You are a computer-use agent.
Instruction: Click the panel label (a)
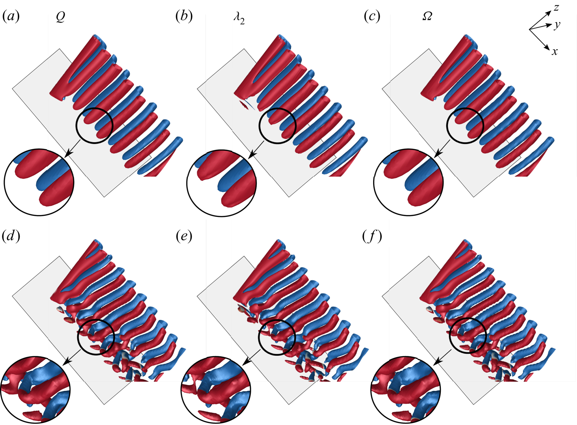click(11, 17)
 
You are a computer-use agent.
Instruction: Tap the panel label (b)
click(183, 17)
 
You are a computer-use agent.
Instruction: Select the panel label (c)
click(372, 17)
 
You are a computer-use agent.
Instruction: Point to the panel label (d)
click(11, 237)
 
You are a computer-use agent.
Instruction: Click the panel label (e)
click(183, 237)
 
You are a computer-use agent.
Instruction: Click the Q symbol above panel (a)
click(60, 17)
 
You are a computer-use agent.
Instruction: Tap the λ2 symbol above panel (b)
click(239, 18)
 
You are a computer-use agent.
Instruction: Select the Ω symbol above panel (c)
click(427, 17)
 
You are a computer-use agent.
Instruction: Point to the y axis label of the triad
click(557, 25)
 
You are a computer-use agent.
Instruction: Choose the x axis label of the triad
click(554, 52)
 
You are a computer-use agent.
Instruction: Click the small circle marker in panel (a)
click(94, 125)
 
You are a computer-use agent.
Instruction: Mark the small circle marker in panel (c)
click(465, 125)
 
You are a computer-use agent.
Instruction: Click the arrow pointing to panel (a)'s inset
click(72, 149)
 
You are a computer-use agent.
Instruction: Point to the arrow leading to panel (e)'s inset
click(252, 357)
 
